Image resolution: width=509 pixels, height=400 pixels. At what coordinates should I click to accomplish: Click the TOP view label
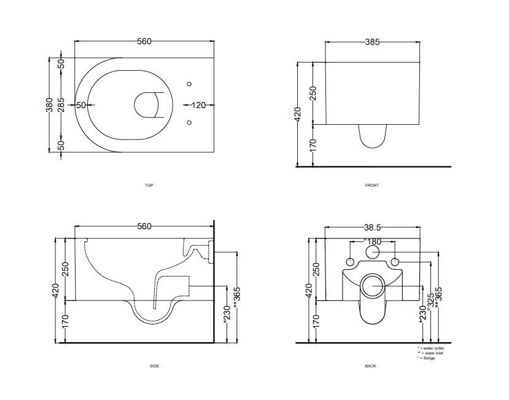pyautogui.click(x=149, y=185)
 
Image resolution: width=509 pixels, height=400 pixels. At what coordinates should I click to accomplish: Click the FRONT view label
pyautogui.click(x=372, y=185)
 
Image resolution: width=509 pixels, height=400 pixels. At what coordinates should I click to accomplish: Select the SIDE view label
pyautogui.click(x=155, y=366)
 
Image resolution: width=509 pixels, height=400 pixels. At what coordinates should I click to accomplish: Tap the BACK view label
pyautogui.click(x=370, y=366)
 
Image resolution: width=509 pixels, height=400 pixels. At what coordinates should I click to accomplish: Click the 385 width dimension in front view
pyautogui.click(x=372, y=42)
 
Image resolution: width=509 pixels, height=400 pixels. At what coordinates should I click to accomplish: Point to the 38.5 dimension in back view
pyautogui.click(x=373, y=226)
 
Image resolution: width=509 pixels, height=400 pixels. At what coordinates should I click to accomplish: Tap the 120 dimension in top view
pyautogui.click(x=198, y=105)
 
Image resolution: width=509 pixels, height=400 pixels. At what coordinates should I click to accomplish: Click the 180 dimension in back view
pyautogui.click(x=373, y=241)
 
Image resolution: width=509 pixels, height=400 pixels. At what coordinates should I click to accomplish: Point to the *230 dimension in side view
pyautogui.click(x=227, y=313)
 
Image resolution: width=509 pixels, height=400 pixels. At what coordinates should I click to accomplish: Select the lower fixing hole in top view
pyautogui.click(x=189, y=124)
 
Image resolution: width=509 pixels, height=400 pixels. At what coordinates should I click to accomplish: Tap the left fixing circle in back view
pyautogui.click(x=350, y=262)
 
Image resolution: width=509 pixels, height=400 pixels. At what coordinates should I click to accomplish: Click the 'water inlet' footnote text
pyautogui.click(x=431, y=353)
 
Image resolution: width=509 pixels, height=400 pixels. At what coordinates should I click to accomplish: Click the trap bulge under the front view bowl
pyautogui.click(x=372, y=136)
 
